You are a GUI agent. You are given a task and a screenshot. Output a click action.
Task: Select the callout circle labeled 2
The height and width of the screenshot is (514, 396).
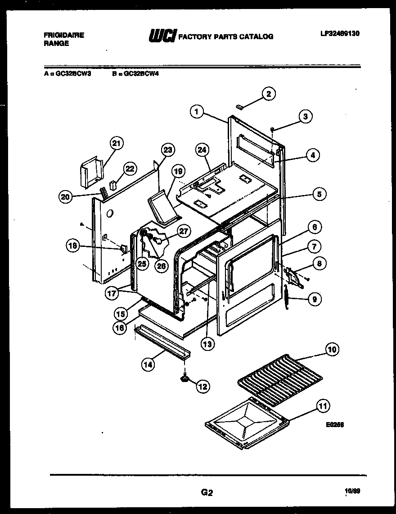[x=268, y=94]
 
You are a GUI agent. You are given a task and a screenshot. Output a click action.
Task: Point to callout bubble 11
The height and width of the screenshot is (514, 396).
[x=322, y=405]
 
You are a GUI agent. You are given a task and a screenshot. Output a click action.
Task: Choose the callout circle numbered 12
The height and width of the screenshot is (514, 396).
[x=202, y=386]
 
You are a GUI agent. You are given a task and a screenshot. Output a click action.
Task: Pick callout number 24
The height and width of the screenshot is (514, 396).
[x=202, y=150]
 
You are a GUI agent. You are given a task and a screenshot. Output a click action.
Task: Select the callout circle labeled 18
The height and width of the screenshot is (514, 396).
[x=72, y=246]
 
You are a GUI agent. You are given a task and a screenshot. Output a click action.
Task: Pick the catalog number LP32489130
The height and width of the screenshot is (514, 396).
[x=340, y=33]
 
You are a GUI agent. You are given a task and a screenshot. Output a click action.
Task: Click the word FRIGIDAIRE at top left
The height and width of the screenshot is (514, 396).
[x=63, y=35]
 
